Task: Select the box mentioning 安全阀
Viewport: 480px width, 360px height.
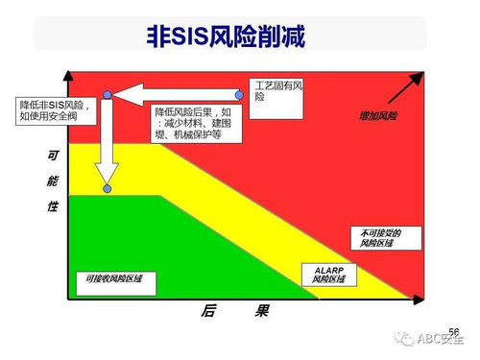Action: (x=57, y=109)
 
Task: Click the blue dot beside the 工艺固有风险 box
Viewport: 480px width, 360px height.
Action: (x=241, y=94)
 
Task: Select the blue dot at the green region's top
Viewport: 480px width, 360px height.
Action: (x=108, y=188)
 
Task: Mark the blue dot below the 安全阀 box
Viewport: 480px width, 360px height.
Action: (x=108, y=94)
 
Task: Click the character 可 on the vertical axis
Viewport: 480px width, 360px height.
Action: (x=53, y=155)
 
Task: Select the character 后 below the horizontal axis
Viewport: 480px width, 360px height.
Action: (x=207, y=312)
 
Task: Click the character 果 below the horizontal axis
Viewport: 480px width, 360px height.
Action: (x=261, y=312)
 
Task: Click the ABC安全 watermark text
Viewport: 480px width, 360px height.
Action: (x=439, y=339)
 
